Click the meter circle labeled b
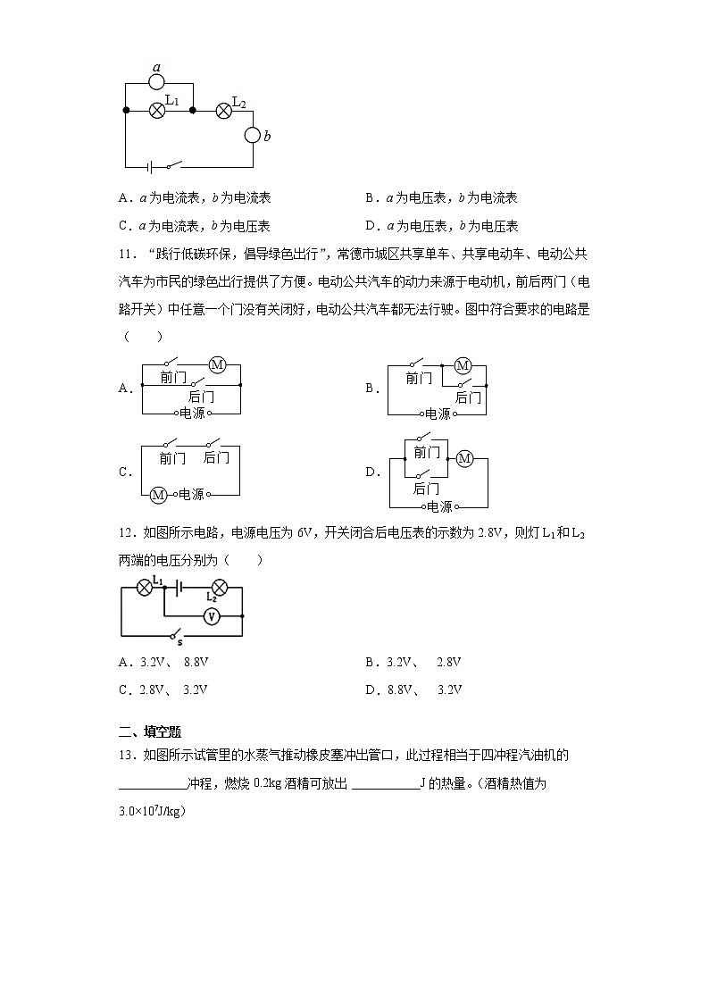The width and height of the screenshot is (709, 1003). [253, 136]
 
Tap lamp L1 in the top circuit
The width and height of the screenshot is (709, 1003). [156, 110]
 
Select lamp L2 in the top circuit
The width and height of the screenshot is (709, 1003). [223, 110]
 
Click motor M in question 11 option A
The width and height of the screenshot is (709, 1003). [217, 364]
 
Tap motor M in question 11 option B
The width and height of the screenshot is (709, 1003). [463, 365]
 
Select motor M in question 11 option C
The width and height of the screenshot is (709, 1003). [158, 494]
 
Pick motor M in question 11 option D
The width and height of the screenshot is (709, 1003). [463, 458]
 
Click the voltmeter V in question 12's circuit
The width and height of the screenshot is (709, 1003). [211, 616]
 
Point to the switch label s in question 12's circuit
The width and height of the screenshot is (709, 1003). [179, 641]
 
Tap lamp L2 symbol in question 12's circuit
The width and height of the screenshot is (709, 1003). [218, 587]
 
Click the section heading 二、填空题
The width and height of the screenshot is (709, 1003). [150, 731]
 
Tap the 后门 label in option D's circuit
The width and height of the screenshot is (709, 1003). [426, 489]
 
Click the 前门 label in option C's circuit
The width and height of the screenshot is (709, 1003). [172, 458]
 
